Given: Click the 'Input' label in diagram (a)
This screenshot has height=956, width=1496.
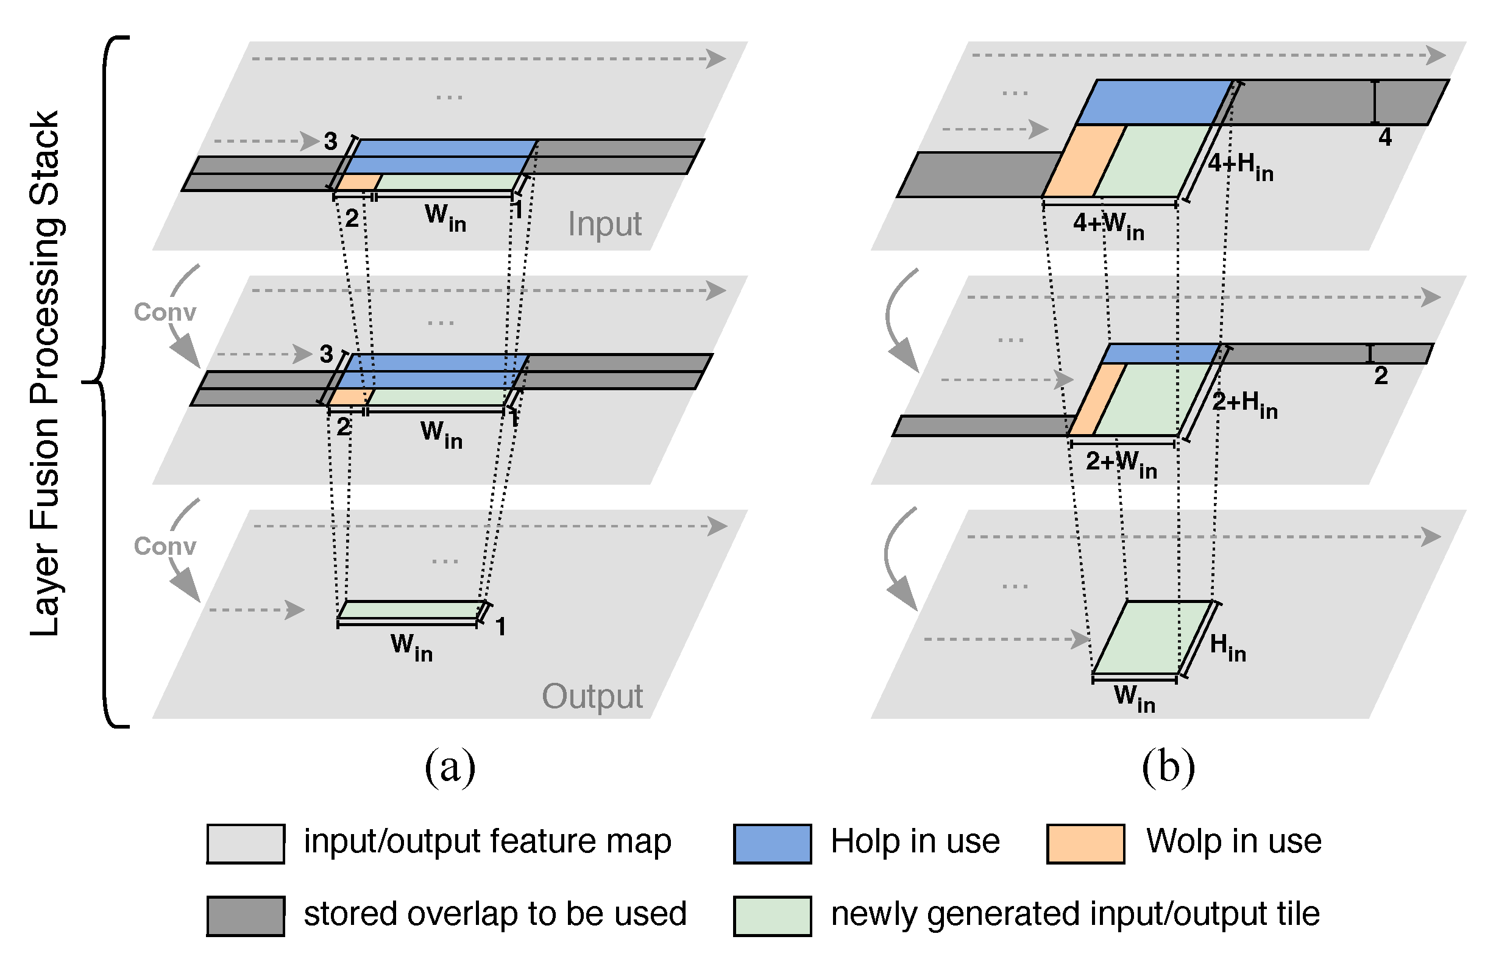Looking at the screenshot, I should coord(604,224).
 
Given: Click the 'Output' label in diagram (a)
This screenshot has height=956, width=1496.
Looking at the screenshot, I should coord(592,696).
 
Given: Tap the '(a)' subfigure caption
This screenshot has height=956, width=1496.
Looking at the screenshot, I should coord(450,767).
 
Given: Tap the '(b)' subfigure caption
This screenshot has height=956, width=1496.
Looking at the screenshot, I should coord(1168,767).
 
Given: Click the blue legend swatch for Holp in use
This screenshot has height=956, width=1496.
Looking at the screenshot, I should coord(772,843).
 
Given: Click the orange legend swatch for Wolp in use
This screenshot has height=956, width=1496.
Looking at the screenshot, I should coord(1085,843).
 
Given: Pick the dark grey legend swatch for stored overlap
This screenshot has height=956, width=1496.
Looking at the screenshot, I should coord(246,916).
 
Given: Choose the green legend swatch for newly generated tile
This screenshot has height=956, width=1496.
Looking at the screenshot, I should coord(772,916).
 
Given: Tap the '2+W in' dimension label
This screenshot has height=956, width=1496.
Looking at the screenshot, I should coord(1121,464).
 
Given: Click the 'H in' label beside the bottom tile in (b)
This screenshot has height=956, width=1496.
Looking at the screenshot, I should coord(1228,647).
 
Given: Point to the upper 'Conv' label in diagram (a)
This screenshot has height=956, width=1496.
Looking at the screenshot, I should coord(165,312).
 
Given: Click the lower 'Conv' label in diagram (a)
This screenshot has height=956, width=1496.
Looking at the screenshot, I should coord(165,546).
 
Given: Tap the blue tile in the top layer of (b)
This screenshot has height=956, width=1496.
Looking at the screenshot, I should coord(1154,102).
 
